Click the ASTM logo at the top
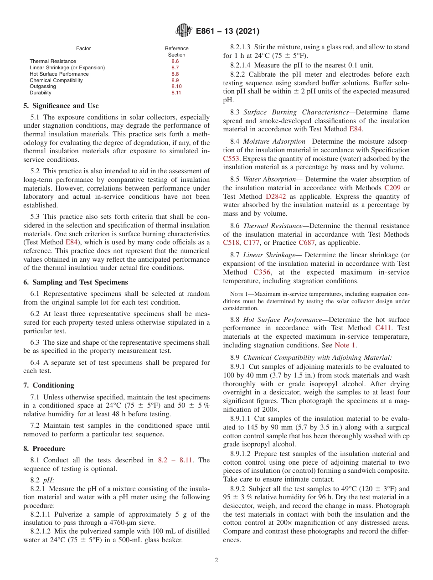[x=183, y=31]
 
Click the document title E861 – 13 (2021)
[x=227, y=31]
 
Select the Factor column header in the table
[x=83, y=48]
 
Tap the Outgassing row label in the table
[x=43, y=86]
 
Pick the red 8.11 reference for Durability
[x=176, y=93]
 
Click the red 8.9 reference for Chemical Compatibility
[x=175, y=80]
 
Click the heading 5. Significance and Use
[x=61, y=106]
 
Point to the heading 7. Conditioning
[x=48, y=385]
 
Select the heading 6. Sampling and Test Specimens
[x=75, y=282]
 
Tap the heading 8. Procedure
[x=44, y=449]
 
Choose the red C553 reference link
[x=232, y=159]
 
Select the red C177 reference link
[x=252, y=243]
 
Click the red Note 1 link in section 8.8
[x=345, y=345]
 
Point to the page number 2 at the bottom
[x=216, y=560]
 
